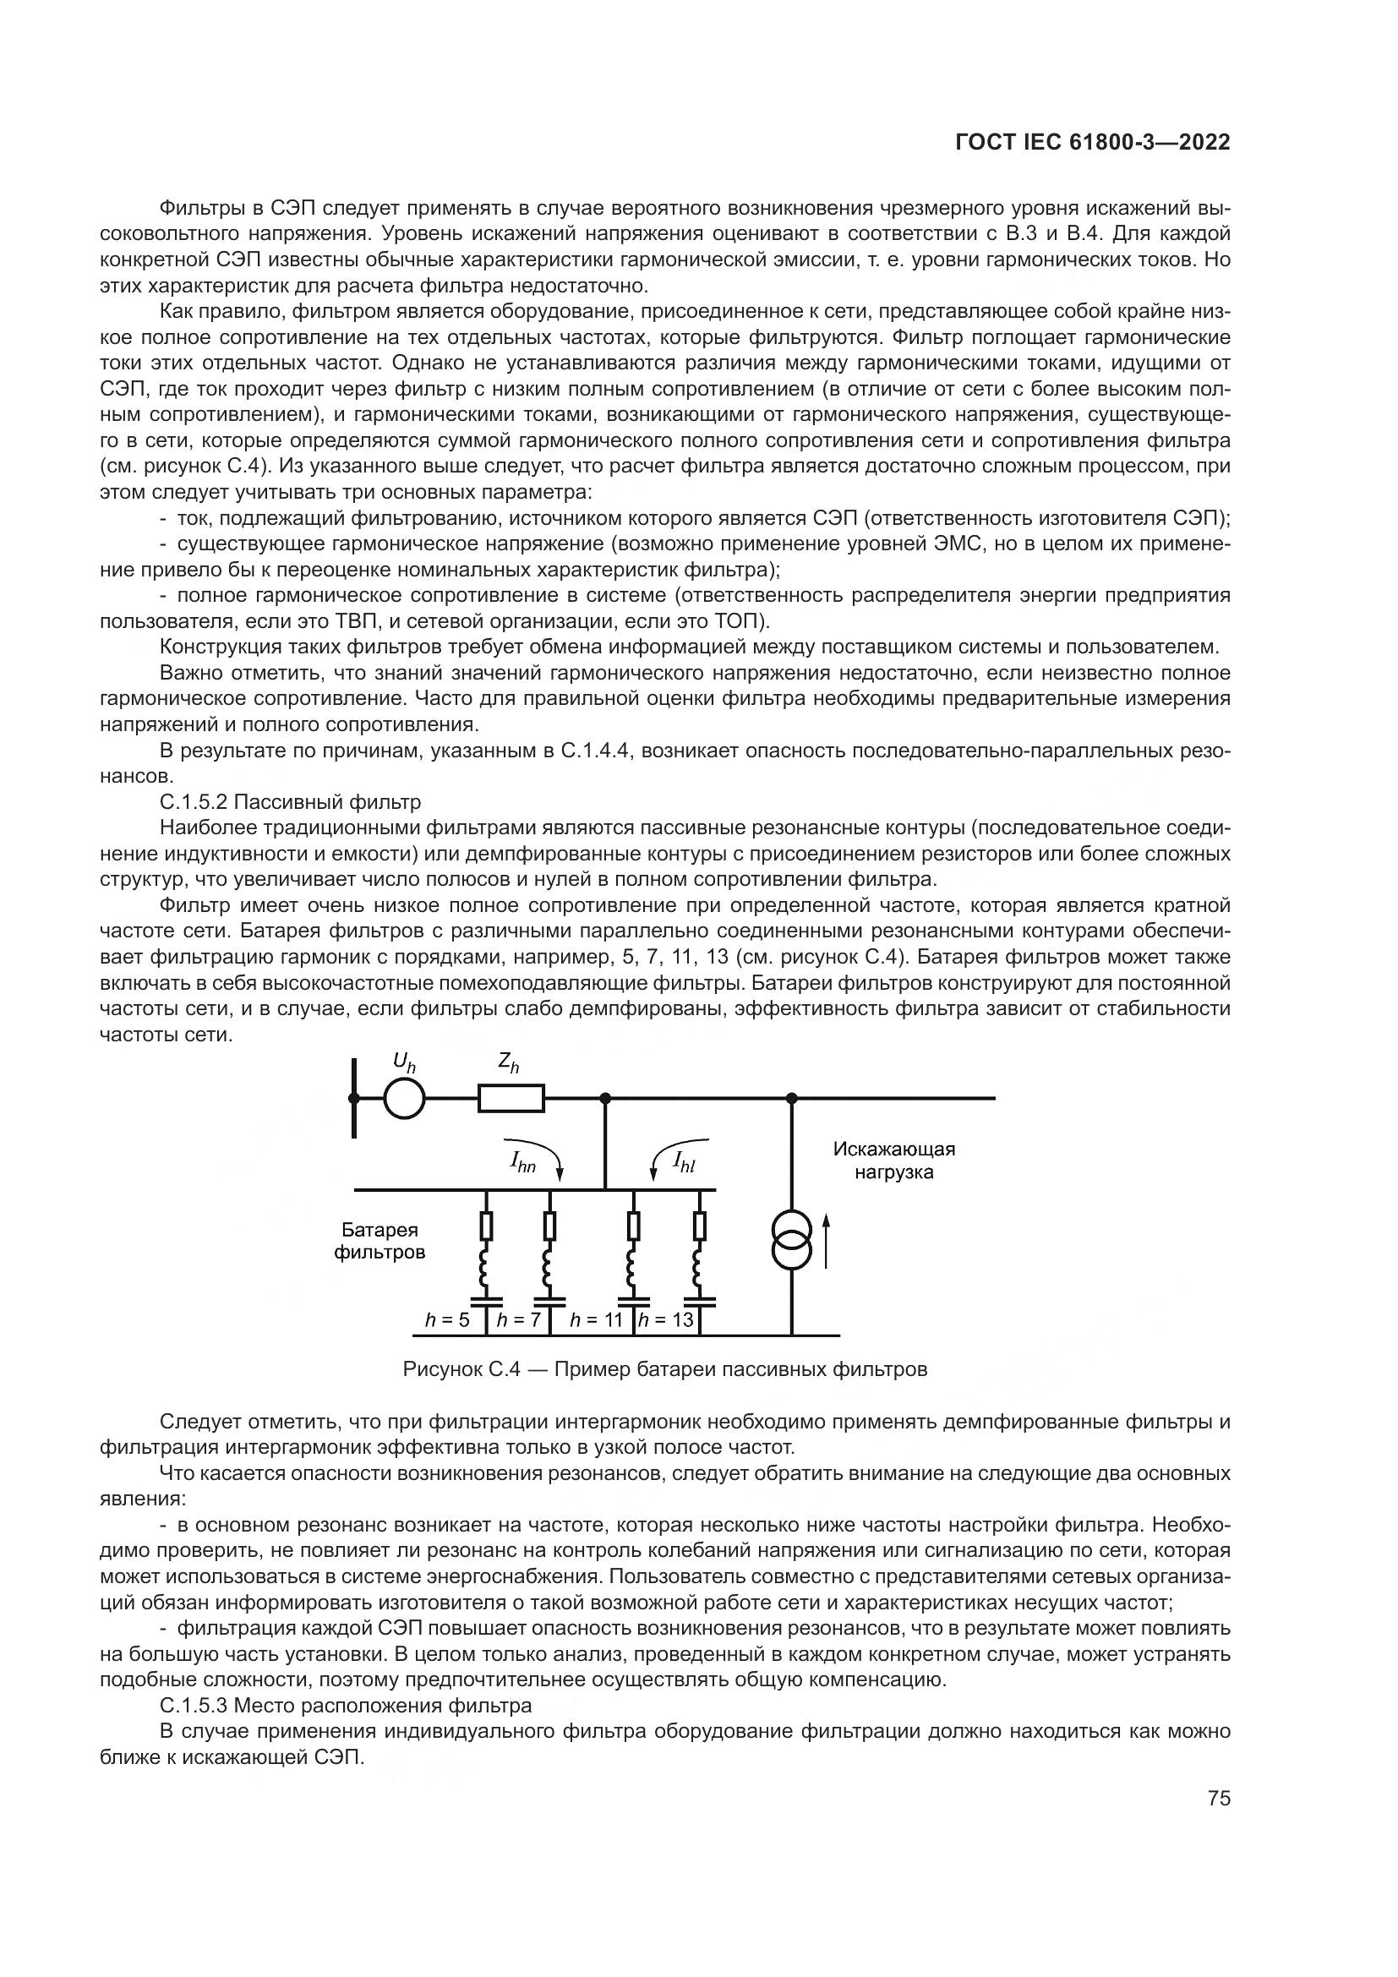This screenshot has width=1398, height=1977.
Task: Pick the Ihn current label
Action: pos(522,1164)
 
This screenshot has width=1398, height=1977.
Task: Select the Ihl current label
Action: pos(685,1164)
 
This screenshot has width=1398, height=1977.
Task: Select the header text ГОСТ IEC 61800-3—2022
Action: pos(1092,143)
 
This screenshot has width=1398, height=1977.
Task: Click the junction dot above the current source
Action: pos(791,1098)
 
